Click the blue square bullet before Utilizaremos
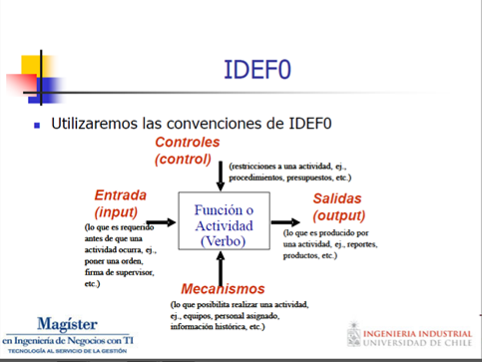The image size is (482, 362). click(38, 126)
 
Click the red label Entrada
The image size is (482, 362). click(121, 194)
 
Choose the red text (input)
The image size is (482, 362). click(116, 211)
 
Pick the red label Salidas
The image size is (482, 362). click(341, 198)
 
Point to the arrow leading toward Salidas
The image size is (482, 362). click(287, 224)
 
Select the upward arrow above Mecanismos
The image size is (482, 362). click(219, 266)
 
